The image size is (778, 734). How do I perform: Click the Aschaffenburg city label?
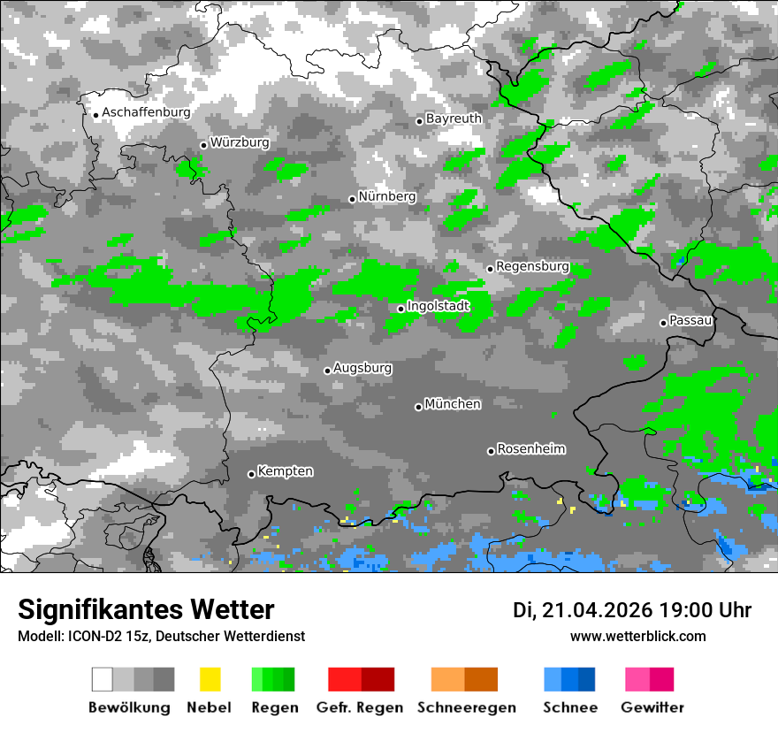click(x=146, y=113)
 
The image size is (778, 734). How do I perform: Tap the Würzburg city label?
click(x=240, y=142)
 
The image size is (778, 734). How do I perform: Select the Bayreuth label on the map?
click(x=454, y=119)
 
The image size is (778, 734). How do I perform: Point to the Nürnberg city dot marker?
click(x=352, y=199)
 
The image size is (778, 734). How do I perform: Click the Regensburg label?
click(x=532, y=266)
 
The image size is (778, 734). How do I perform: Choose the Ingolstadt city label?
click(x=438, y=306)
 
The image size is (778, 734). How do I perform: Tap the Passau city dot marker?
click(x=663, y=323)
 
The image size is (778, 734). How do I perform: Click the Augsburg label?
click(x=362, y=368)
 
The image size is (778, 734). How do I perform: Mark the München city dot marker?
click(x=418, y=407)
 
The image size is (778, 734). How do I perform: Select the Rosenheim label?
click(x=530, y=449)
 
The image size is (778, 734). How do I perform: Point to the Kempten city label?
click(x=286, y=471)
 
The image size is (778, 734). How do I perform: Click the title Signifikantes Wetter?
click(x=146, y=610)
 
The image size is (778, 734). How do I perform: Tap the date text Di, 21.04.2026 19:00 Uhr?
click(x=632, y=610)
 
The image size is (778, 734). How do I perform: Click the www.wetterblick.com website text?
click(x=637, y=637)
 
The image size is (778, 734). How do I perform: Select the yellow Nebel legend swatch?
click(x=210, y=679)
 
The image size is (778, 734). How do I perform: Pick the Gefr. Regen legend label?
click(x=360, y=707)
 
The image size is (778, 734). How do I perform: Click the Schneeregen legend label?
click(x=466, y=707)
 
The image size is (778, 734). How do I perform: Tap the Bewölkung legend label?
click(x=129, y=707)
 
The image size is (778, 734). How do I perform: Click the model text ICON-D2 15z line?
click(x=161, y=637)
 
